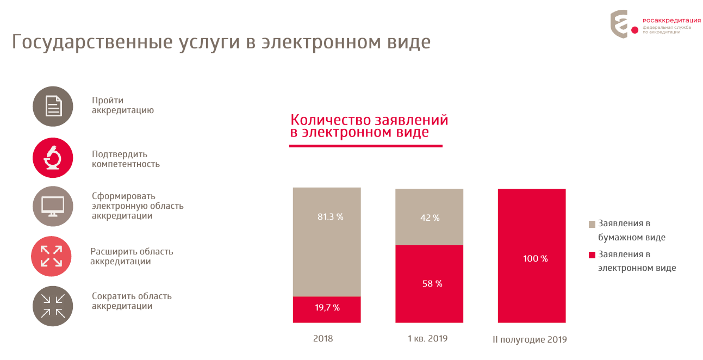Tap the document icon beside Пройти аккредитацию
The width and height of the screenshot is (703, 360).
(53, 106)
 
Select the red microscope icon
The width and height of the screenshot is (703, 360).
(53, 158)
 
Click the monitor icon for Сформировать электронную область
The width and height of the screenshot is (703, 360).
(53, 206)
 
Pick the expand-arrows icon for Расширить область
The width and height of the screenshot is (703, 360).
(52, 256)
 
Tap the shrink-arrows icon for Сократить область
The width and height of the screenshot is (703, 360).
(53, 306)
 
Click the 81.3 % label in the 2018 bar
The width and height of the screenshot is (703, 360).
(331, 216)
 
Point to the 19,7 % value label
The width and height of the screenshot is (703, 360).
(327, 308)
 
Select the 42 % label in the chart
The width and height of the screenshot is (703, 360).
(430, 218)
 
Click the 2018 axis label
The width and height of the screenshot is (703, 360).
(323, 339)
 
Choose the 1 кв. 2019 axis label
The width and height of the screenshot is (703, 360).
(427, 339)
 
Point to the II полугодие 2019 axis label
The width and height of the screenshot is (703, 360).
(530, 340)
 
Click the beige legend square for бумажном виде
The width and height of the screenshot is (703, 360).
(592, 224)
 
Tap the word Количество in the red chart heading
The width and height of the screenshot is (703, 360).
(329, 120)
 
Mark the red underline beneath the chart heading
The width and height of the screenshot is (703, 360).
(365, 146)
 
